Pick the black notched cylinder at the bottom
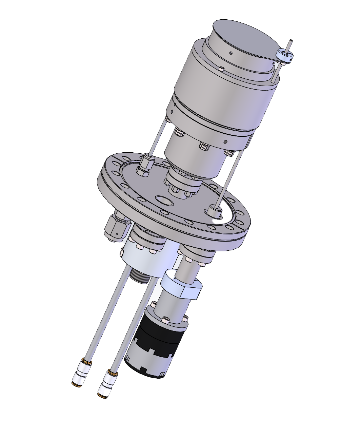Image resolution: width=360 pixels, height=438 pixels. click(151, 353)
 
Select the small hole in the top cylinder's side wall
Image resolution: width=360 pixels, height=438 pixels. click(231, 53)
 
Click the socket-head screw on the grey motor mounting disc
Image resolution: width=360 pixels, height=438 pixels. click(165, 319)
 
